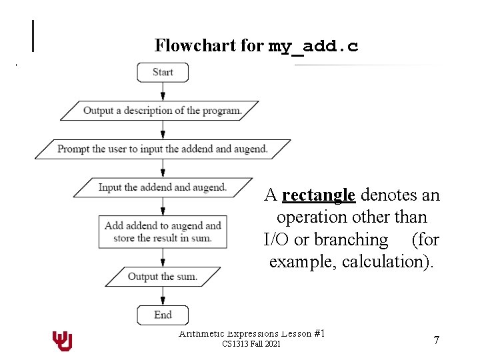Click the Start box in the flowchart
(x=163, y=72)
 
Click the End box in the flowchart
(x=163, y=315)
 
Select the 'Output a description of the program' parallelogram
(x=163, y=111)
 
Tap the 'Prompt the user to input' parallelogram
(x=163, y=149)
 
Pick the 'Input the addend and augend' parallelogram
(x=163, y=187)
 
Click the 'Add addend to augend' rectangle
(x=163, y=232)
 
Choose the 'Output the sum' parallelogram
(x=163, y=277)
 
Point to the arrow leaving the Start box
(x=163, y=91)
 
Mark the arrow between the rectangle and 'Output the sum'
(x=163, y=257)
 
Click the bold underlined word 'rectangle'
(x=319, y=195)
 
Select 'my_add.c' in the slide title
(x=313, y=46)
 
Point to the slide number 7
(x=436, y=341)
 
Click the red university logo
(x=62, y=341)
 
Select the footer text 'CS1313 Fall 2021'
(x=251, y=344)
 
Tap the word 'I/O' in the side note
(x=276, y=239)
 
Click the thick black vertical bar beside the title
(x=33, y=36)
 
